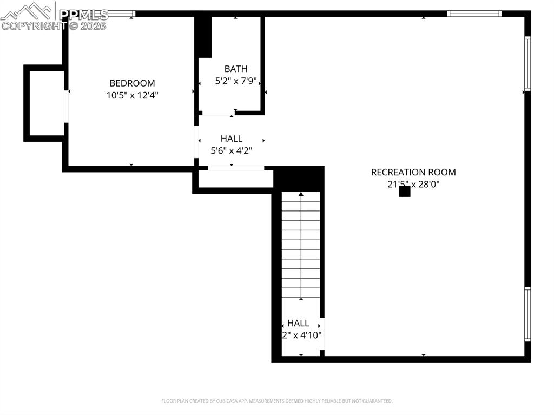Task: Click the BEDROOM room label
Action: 132,83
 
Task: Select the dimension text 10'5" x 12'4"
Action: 132,95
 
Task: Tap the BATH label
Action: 236,69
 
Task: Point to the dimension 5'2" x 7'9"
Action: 236,81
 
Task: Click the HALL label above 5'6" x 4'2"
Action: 232,139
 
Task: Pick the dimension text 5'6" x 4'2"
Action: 232,151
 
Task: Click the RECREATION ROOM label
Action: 413,172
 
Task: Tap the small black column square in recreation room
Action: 404,191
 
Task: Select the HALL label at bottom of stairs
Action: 298,323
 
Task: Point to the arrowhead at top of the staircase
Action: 301,193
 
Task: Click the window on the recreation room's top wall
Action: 474,14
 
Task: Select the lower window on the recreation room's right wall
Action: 527,314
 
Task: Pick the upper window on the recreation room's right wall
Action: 527,62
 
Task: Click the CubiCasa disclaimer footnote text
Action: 277,401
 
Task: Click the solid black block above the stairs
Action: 299,179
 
